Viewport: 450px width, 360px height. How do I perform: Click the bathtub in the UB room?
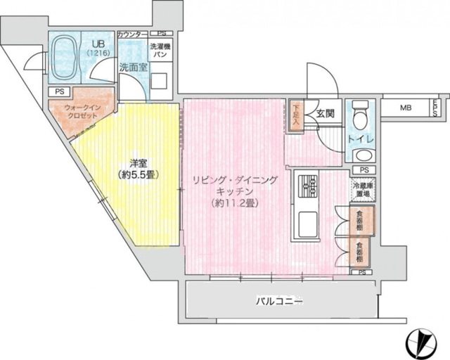(64, 56)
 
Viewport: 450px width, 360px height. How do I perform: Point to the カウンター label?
(131, 34)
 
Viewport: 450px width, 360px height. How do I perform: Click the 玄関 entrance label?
(325, 114)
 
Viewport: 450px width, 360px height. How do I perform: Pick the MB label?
(406, 108)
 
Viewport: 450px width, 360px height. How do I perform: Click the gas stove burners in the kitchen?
(309, 186)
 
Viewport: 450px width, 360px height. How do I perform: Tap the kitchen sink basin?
(309, 224)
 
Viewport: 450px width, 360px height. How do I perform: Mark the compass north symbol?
(425, 341)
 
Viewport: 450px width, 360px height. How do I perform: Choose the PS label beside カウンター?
(161, 33)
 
